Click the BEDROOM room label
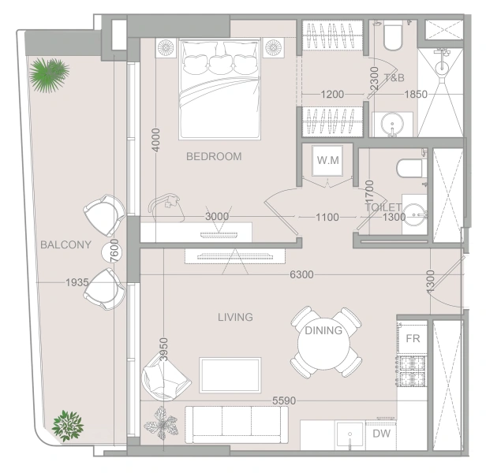(x=214, y=156)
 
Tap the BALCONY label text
(x=65, y=244)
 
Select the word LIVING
(x=235, y=317)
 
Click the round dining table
(x=323, y=343)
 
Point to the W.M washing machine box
(x=327, y=161)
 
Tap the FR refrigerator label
(x=413, y=338)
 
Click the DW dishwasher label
(x=381, y=434)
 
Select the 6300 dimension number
(x=301, y=274)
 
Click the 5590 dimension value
(x=284, y=400)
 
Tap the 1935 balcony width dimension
(x=77, y=282)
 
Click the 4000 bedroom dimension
(x=156, y=140)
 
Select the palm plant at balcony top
(x=49, y=75)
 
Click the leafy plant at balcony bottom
(x=68, y=426)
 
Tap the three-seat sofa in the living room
(x=237, y=425)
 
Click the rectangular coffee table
(x=230, y=375)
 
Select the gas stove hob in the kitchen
(x=413, y=371)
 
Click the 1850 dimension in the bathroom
(x=416, y=94)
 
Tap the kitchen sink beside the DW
(x=350, y=434)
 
